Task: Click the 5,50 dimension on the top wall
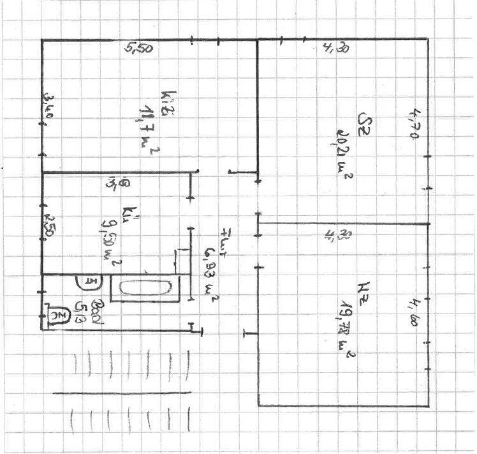point(139,49)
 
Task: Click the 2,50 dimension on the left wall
point(48,226)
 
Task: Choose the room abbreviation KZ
point(364,290)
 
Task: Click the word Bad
point(98,313)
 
